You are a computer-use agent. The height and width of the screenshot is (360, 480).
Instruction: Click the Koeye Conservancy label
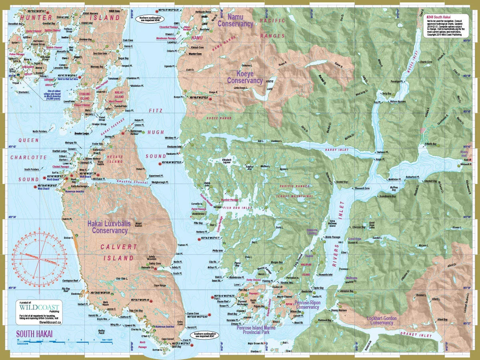pyautogui.click(x=245, y=77)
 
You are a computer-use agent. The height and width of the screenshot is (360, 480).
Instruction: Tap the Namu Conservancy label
pyautogui.click(x=235, y=20)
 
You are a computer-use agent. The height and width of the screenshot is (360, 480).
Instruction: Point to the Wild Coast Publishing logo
pyautogui.click(x=39, y=309)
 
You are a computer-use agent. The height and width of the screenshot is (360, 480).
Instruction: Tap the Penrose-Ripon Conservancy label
pyautogui.click(x=307, y=305)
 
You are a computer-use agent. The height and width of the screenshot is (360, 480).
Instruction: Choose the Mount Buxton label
pyautogui.click(x=139, y=225)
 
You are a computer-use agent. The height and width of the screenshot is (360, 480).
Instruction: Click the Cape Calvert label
pyautogui.click(x=168, y=339)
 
